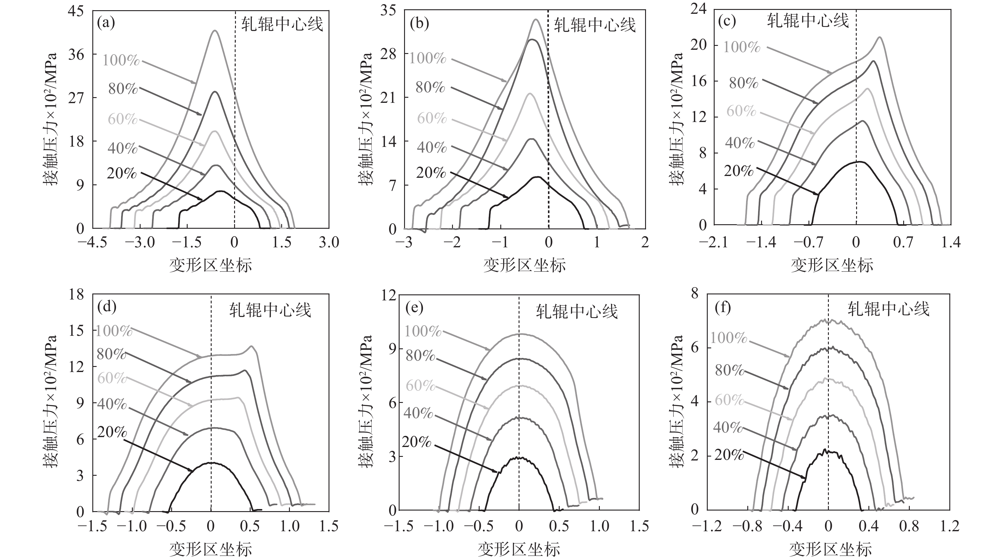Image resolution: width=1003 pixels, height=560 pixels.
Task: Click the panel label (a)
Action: (x=106, y=23)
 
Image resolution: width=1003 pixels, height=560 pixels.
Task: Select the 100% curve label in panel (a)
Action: (x=121, y=60)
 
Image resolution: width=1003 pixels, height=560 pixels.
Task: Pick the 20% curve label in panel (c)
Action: (x=739, y=171)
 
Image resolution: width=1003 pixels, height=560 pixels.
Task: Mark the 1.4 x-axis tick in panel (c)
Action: (x=951, y=242)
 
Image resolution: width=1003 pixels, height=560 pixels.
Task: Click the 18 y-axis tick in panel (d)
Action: (x=76, y=294)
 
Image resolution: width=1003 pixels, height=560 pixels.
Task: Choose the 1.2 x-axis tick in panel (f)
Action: (x=949, y=526)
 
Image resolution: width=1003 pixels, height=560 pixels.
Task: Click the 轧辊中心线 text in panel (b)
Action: (x=594, y=25)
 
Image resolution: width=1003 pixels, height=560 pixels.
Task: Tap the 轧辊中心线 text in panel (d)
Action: (x=270, y=310)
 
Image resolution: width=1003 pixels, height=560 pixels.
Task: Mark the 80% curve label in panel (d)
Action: (x=111, y=354)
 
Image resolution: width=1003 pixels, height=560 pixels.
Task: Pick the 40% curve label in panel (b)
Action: (x=431, y=147)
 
